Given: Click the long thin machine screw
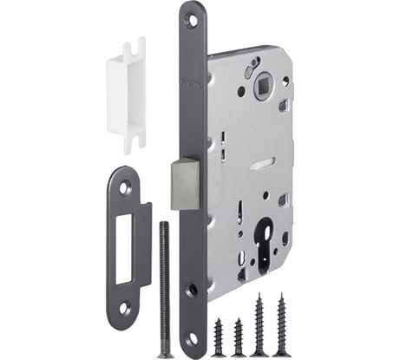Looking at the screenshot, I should [162, 286].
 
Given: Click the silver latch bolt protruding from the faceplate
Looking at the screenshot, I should [184, 183].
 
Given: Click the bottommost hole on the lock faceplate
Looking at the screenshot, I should [193, 339].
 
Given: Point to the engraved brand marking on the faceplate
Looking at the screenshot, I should [193, 83].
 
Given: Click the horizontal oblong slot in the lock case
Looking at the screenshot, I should [260, 161].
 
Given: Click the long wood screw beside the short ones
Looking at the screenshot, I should [259, 325].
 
